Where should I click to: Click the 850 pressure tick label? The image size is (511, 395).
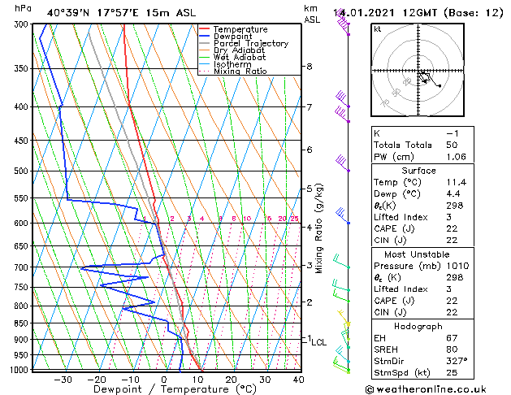[21, 323]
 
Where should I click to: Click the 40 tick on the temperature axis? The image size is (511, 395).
[298, 379]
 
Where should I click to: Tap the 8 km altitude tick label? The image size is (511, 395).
[309, 67]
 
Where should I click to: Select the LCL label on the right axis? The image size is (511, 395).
[319, 343]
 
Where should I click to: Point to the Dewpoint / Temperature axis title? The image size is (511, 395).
[162, 389]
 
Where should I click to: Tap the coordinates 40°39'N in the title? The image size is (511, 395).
[68, 12]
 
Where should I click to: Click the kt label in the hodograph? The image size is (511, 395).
[378, 29]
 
